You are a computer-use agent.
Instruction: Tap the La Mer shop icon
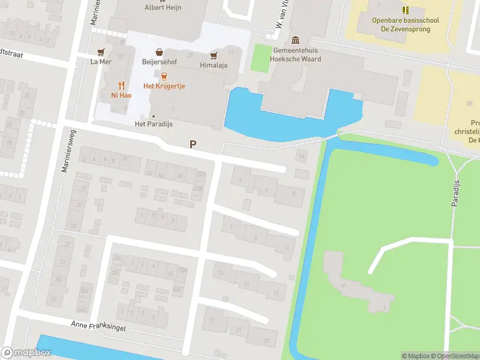pyautogui.click(x=101, y=52)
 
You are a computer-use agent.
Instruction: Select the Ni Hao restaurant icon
pyautogui.click(x=121, y=85)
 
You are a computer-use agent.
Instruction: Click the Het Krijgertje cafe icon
pyautogui.click(x=163, y=76)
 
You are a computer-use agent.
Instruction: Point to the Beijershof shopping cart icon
pyautogui.click(x=158, y=52)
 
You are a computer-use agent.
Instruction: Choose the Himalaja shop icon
pyautogui.click(x=213, y=56)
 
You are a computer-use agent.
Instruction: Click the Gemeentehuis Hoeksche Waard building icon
pyautogui.click(x=296, y=40)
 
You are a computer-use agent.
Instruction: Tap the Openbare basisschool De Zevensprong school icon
pyautogui.click(x=406, y=10)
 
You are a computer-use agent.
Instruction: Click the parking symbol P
pyautogui.click(x=193, y=145)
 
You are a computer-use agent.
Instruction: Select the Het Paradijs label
pyautogui.click(x=153, y=124)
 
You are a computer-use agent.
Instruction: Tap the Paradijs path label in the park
pyautogui.click(x=455, y=193)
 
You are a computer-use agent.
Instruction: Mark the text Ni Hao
pyautogui.click(x=121, y=95)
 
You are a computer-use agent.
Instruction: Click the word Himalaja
pyautogui.click(x=213, y=65)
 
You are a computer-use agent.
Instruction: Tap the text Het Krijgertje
pyautogui.click(x=164, y=86)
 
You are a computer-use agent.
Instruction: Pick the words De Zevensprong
pyautogui.click(x=406, y=29)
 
